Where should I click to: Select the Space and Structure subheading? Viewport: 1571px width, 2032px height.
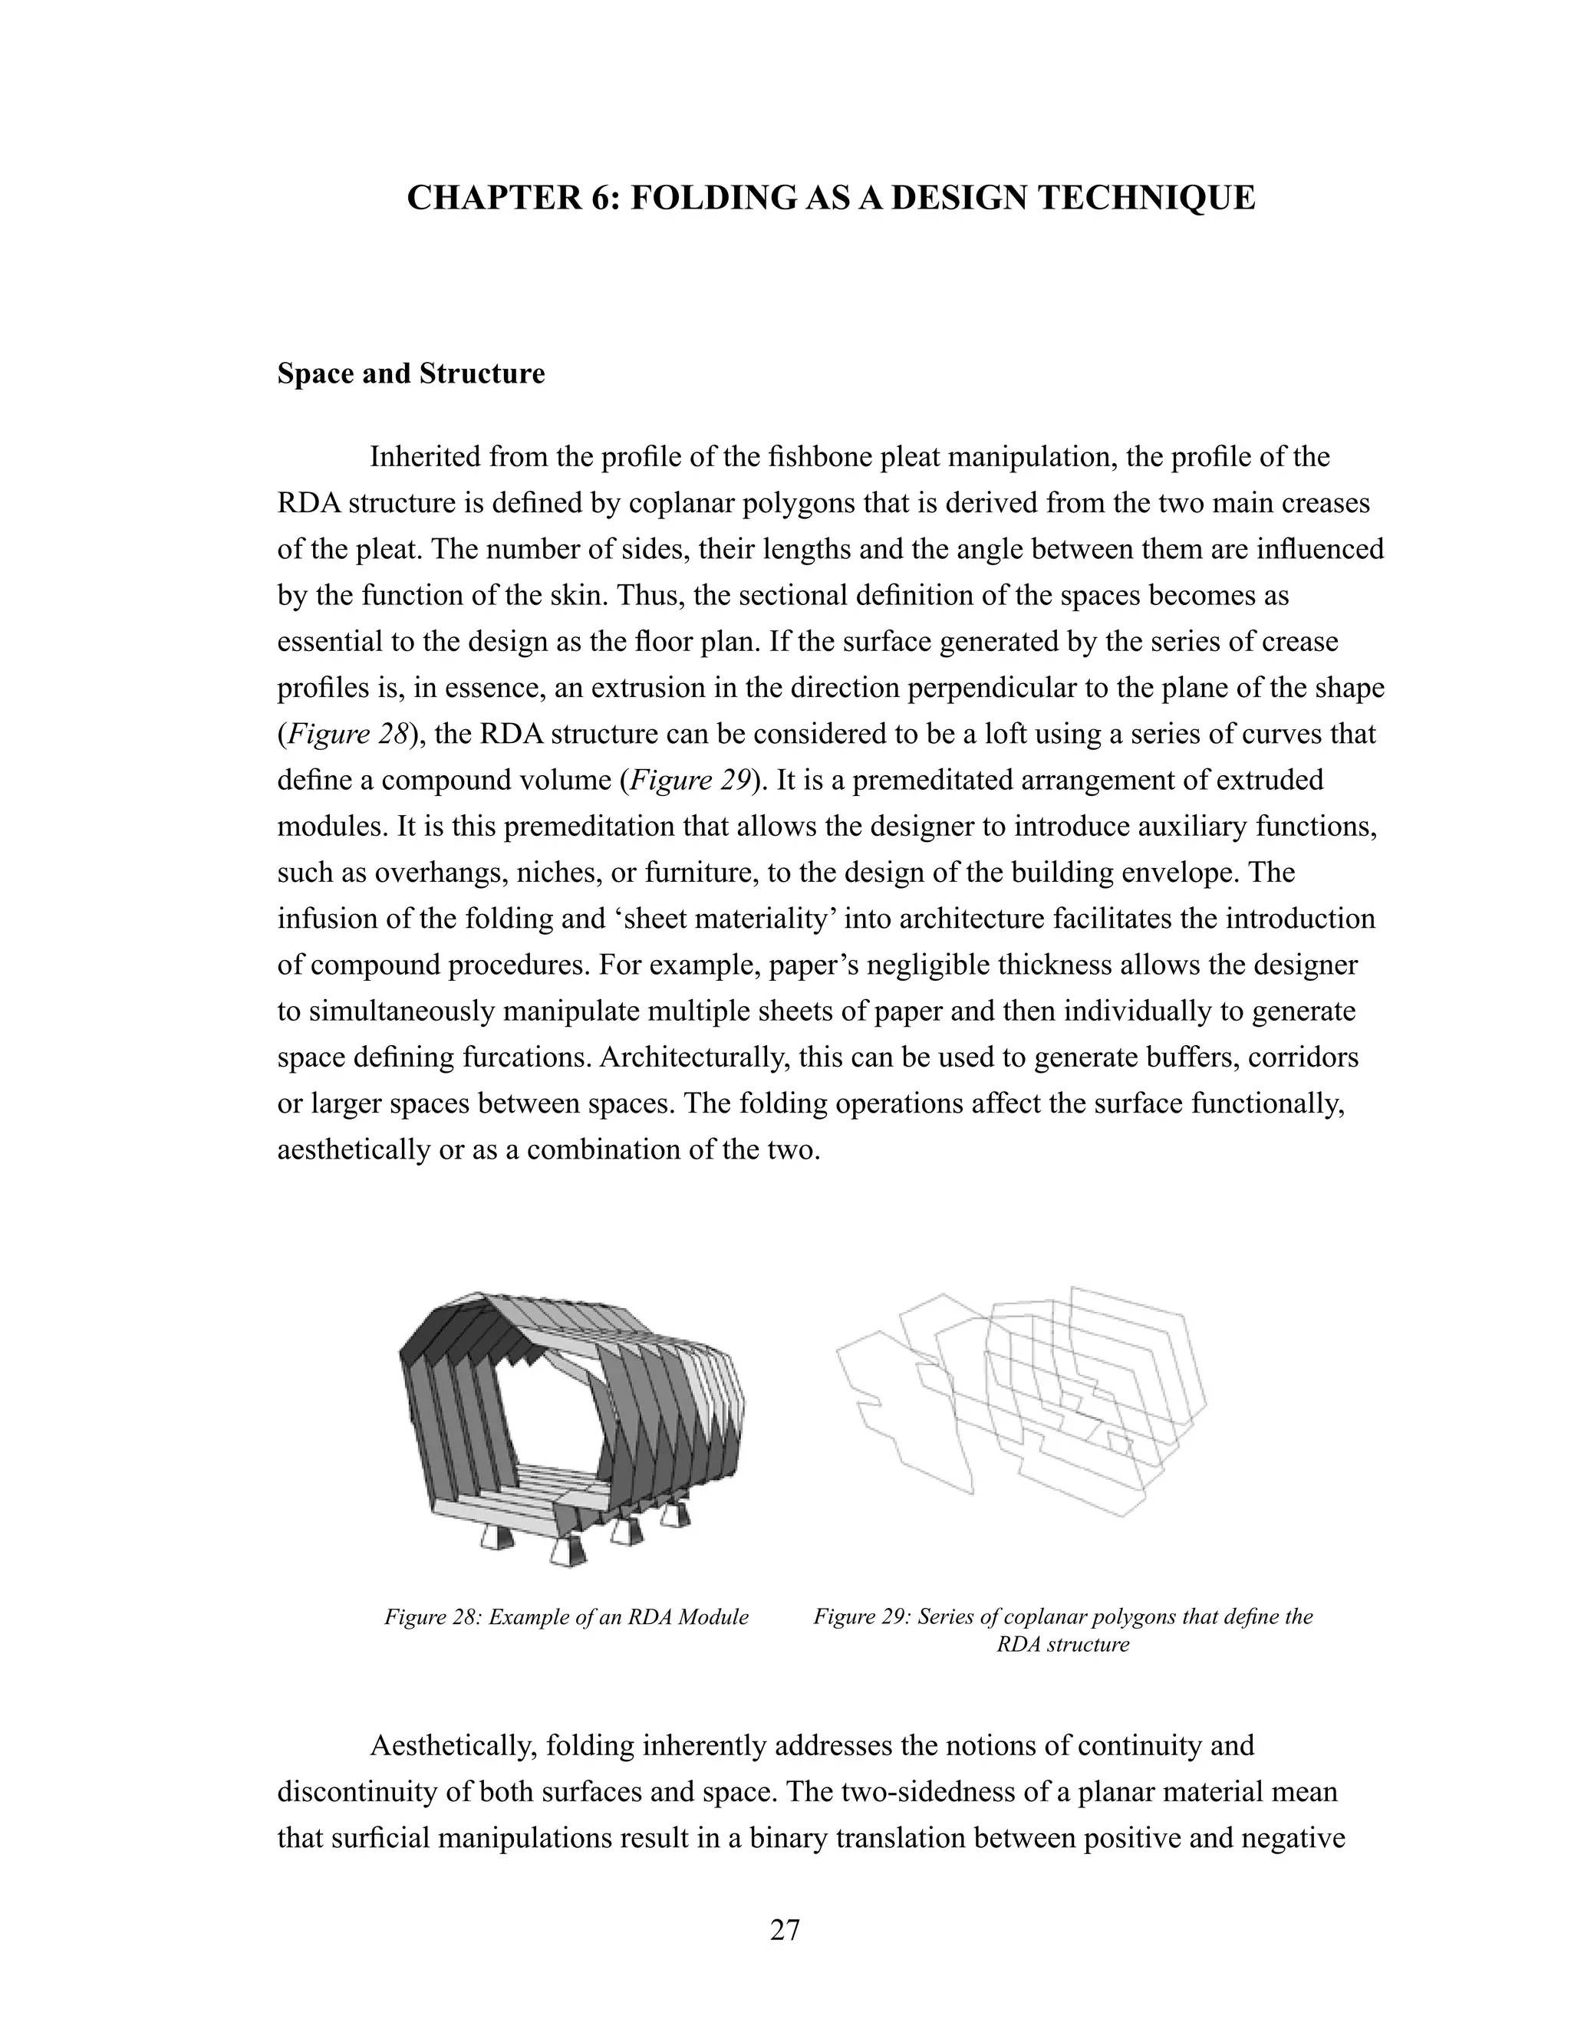(x=410, y=374)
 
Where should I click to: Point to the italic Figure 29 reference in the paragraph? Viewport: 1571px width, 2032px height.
(x=690, y=781)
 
